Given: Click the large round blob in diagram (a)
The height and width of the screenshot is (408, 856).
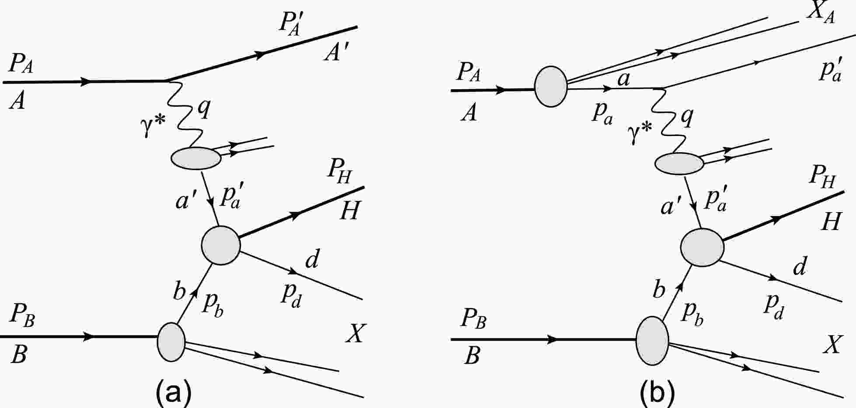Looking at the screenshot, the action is [221, 245].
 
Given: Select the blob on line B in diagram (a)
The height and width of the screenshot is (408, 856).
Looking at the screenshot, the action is [171, 342].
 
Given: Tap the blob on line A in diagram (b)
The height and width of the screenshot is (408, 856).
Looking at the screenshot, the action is [551, 87].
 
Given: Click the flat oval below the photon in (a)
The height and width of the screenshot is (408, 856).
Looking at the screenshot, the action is [195, 158].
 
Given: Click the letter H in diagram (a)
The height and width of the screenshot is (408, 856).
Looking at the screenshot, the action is [349, 210].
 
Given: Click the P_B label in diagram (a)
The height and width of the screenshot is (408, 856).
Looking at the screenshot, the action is [22, 318].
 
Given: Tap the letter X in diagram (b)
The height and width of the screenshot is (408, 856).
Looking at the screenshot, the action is [832, 345].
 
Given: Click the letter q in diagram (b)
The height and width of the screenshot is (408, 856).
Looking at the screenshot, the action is [687, 117].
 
